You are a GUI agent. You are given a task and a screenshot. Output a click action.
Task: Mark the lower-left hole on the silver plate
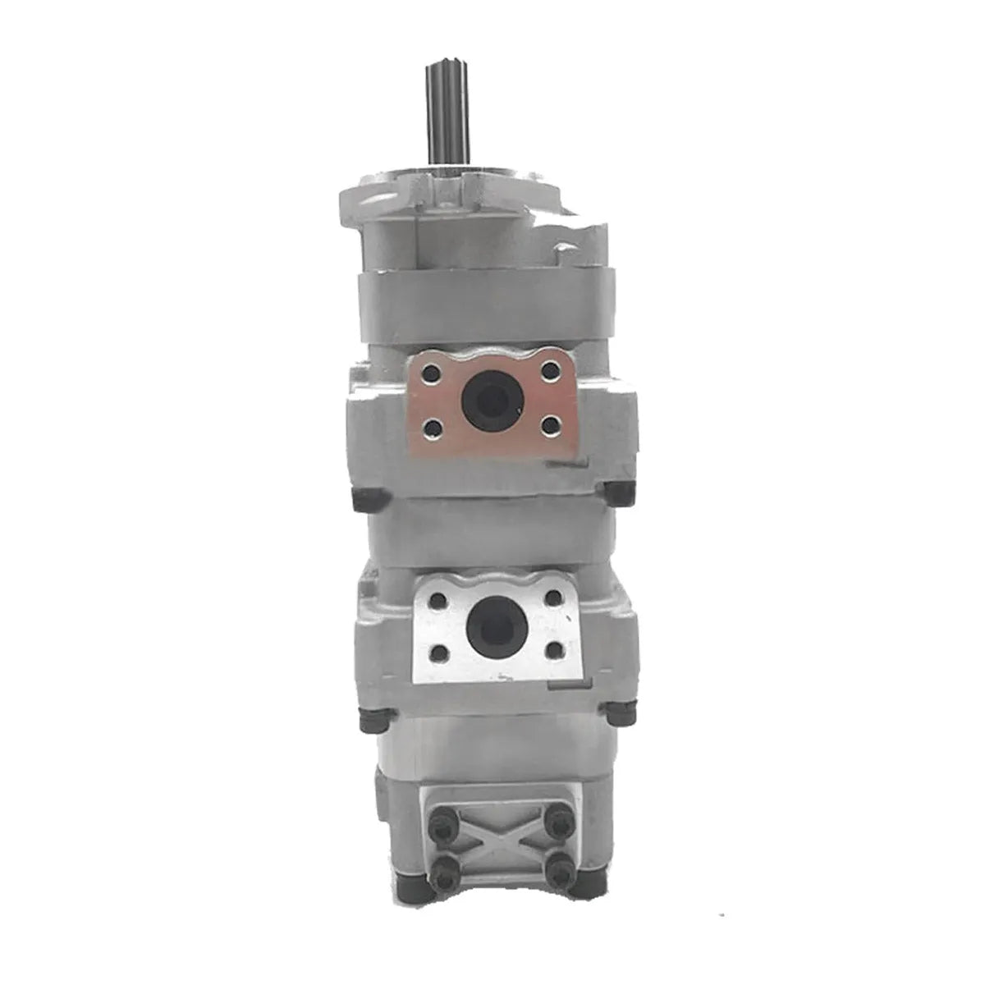pyautogui.click(x=441, y=654)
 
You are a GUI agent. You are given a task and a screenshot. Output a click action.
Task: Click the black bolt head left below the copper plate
pyautogui.click(x=362, y=497)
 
